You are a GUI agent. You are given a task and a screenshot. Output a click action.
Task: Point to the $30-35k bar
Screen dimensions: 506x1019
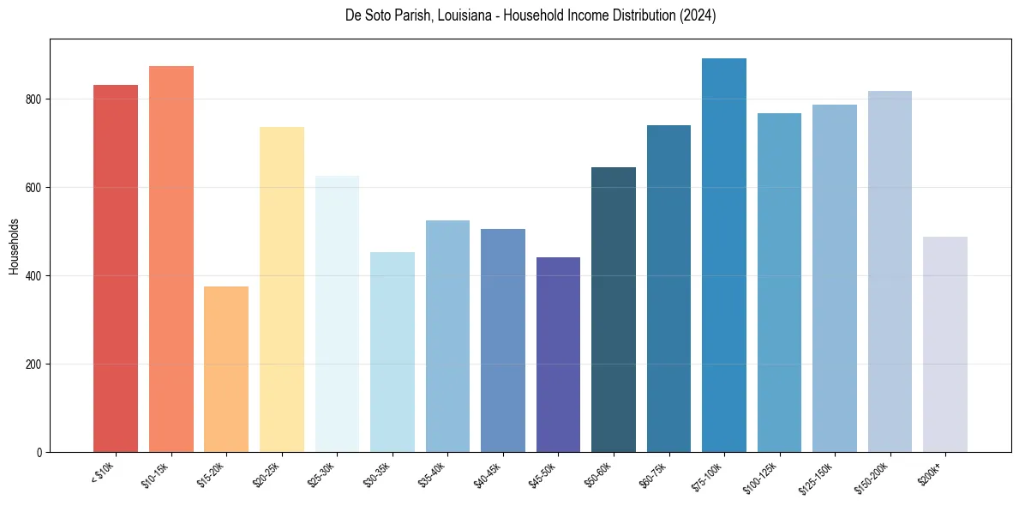(393, 352)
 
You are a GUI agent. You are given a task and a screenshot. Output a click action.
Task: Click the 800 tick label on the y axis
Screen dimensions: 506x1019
(33, 99)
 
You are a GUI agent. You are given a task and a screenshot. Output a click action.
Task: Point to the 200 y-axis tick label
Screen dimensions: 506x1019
(33, 364)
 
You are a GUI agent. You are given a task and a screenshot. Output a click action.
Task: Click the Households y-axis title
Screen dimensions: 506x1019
(14, 245)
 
